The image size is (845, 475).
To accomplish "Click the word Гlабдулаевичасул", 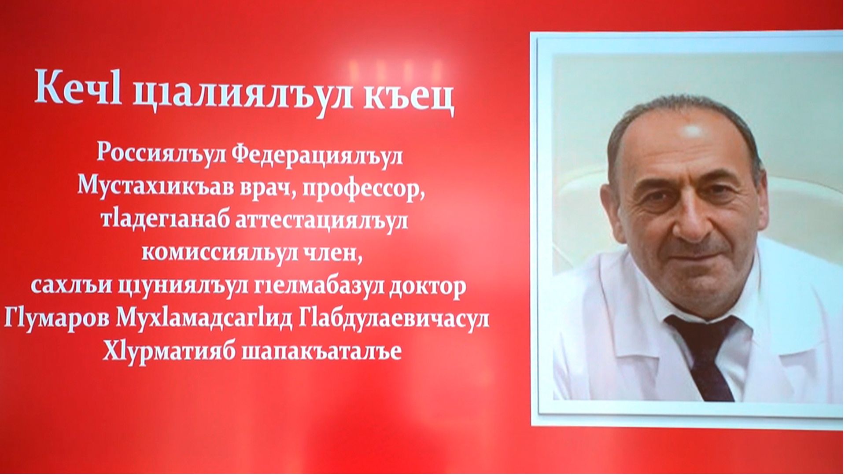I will click(394, 318).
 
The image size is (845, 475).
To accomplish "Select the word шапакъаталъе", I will click(322, 352).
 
